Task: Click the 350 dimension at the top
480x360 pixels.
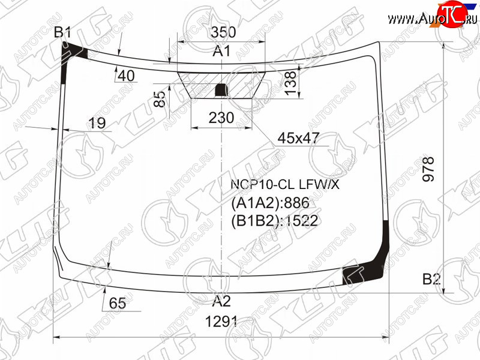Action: tap(223, 32)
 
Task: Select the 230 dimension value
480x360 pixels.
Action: tap(221, 118)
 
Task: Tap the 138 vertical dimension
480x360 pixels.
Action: tap(291, 83)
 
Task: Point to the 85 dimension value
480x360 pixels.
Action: tap(160, 99)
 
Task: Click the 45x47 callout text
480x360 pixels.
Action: tap(298, 139)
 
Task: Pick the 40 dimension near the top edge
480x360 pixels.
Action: tap(126, 76)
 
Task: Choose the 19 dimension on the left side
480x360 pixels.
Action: tap(97, 123)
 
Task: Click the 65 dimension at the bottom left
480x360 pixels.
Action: tap(118, 303)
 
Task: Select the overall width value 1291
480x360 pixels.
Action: tap(221, 322)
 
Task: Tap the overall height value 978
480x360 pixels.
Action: tap(428, 169)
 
